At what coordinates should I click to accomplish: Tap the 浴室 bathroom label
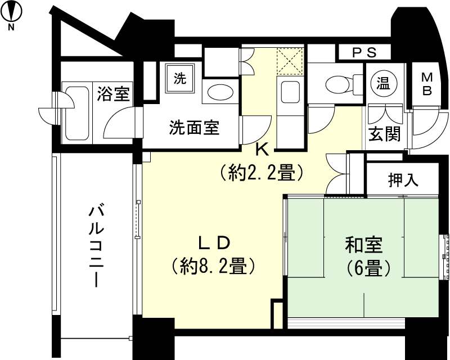[114, 93]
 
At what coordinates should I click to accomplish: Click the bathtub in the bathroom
[78, 112]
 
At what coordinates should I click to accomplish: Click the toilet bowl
[338, 84]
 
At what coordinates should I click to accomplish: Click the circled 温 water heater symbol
[384, 84]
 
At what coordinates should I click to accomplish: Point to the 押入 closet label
[403, 180]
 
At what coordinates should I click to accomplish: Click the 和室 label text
[363, 246]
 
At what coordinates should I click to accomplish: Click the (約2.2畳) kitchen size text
[262, 171]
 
